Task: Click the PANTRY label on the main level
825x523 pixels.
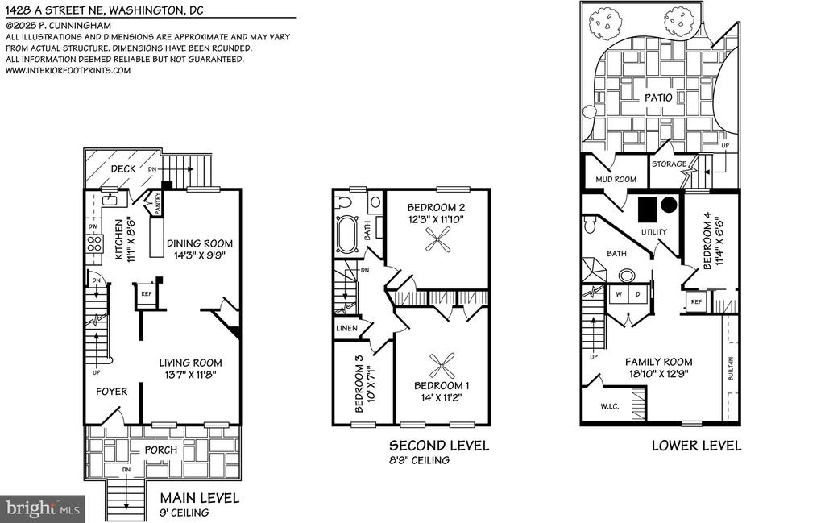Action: click(x=158, y=203)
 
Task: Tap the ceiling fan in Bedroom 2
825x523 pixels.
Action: click(x=437, y=243)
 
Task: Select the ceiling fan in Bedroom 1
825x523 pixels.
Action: click(x=442, y=366)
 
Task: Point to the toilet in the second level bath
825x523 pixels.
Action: click(x=345, y=201)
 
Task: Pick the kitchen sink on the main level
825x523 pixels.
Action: click(x=111, y=199)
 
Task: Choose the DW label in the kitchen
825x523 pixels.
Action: click(x=93, y=226)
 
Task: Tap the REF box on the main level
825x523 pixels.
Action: click(x=147, y=293)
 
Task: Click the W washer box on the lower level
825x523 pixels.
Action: click(x=619, y=295)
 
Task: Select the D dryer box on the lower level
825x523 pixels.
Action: click(x=638, y=295)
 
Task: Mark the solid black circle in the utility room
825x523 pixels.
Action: click(x=669, y=205)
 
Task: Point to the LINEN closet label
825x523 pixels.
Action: click(x=346, y=328)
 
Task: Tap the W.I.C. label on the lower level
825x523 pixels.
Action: click(x=610, y=406)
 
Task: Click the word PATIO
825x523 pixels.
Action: click(x=658, y=98)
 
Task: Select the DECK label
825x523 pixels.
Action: click(x=123, y=169)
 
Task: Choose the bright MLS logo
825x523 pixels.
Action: click(x=43, y=508)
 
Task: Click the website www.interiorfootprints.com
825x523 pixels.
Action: click(x=68, y=70)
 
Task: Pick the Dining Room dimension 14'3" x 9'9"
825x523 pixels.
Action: click(x=200, y=255)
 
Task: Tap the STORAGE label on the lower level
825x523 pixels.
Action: click(x=670, y=164)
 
